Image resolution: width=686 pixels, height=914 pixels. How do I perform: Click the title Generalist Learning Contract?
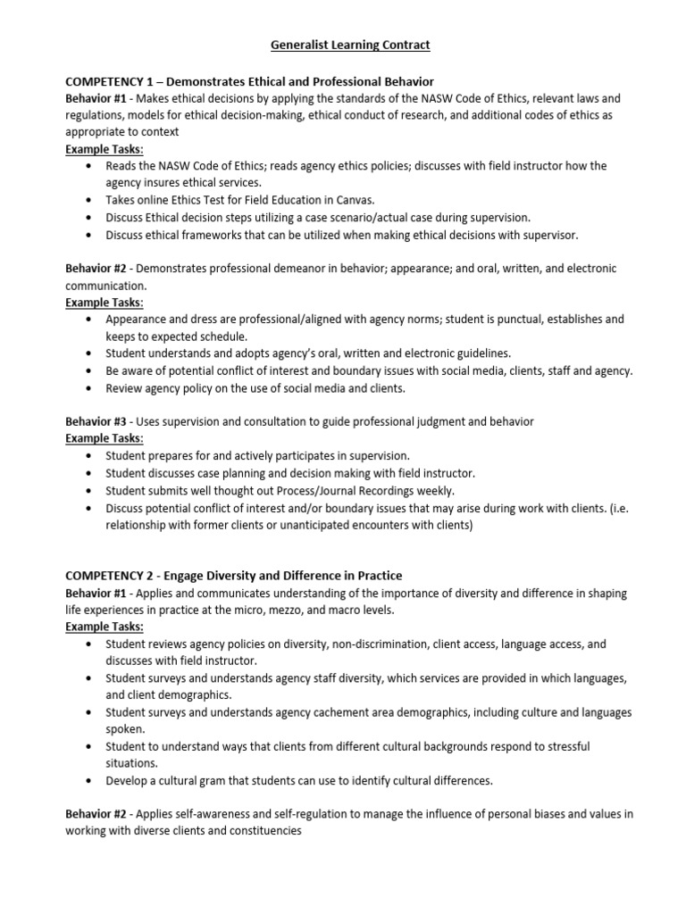tap(343, 44)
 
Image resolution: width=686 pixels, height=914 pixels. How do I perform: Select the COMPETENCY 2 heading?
tap(234, 576)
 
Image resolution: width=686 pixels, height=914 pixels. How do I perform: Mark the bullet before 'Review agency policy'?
tap(88, 388)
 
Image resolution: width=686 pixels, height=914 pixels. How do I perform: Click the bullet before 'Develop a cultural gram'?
tap(88, 780)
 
